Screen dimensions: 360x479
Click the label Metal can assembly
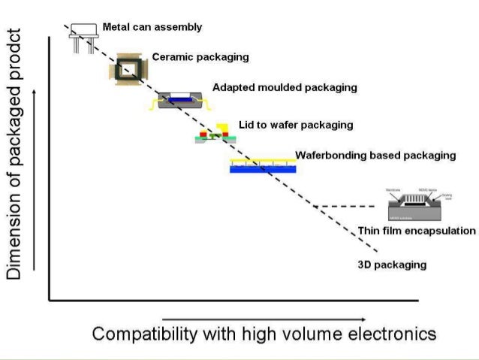152,28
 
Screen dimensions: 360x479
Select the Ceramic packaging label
200,57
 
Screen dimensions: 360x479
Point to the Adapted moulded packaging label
285,87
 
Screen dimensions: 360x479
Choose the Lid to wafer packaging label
295,125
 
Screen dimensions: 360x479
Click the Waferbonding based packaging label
375,156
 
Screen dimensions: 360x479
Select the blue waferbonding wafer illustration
263,167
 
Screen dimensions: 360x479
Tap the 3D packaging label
392,265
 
